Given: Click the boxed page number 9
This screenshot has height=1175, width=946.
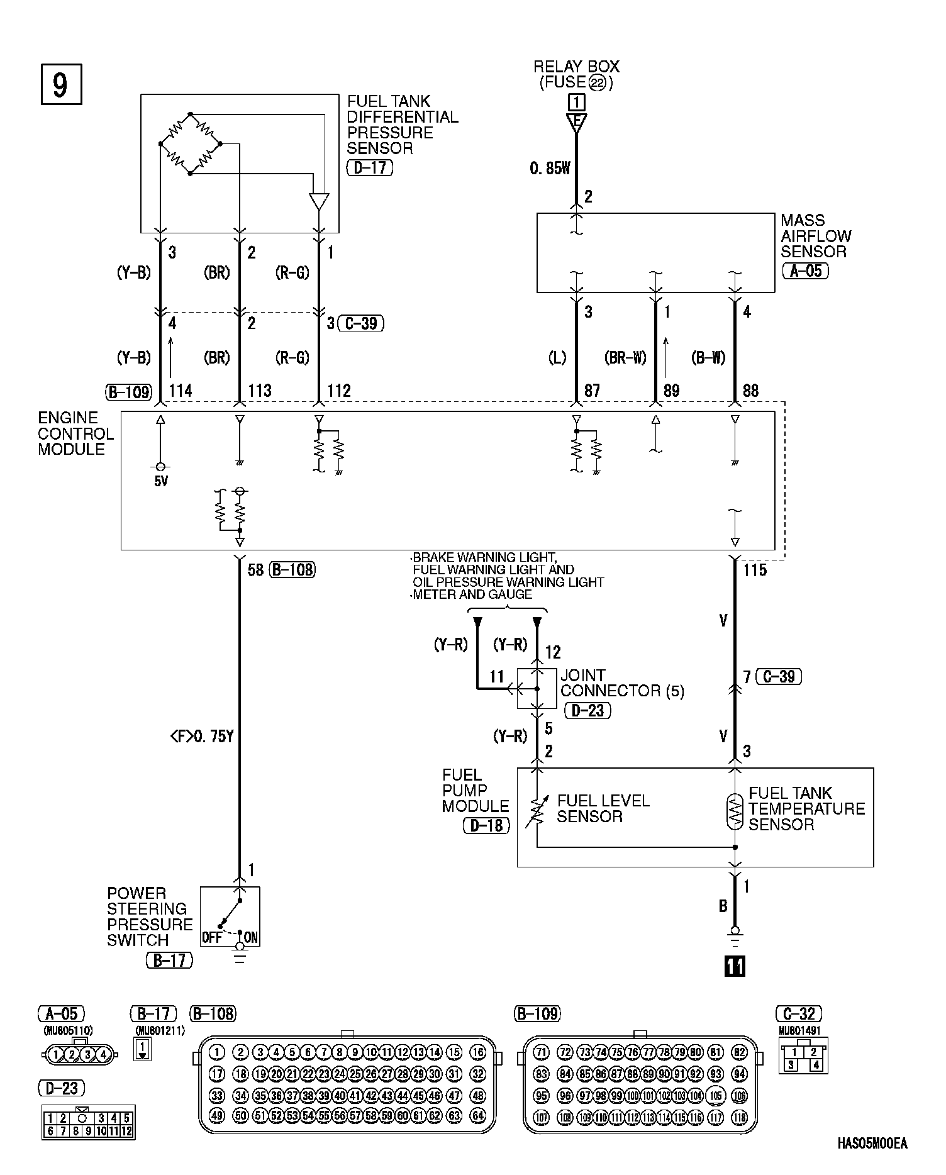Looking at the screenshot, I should [x=61, y=84].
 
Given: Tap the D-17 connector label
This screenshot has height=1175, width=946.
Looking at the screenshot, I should [x=369, y=168].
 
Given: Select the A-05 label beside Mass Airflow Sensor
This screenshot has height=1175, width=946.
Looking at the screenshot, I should [x=805, y=271].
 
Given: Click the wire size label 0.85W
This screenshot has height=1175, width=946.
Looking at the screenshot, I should [x=549, y=169].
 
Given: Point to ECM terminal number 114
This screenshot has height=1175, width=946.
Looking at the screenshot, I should [x=180, y=391].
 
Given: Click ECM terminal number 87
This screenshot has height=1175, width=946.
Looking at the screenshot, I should [x=592, y=391].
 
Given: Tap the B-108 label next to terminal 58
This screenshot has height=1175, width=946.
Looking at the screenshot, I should [x=292, y=570].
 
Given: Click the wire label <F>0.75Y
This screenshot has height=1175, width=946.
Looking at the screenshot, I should [x=202, y=737].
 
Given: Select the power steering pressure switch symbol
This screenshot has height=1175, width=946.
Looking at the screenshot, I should [x=230, y=916].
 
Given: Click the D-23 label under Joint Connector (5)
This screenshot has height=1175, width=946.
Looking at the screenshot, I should [x=587, y=710].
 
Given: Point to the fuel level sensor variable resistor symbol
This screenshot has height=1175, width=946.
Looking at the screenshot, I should [x=537, y=812].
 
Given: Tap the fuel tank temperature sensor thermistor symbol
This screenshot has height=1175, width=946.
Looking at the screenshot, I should [x=734, y=812].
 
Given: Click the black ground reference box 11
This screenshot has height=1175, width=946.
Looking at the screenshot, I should [x=734, y=966].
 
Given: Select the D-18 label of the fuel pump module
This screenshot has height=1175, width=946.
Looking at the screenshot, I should [x=486, y=825].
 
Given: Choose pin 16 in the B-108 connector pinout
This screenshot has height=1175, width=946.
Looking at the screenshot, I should [x=478, y=1052].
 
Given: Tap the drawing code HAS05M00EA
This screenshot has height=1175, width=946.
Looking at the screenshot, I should [x=872, y=1144].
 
